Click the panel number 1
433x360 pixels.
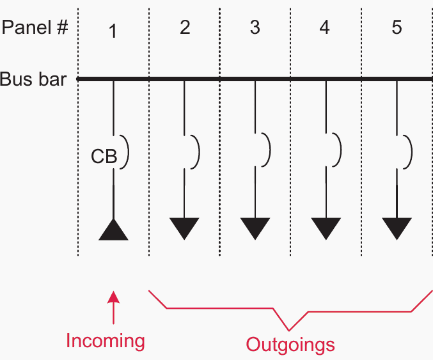[x=113, y=31]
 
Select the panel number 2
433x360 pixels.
[x=185, y=27]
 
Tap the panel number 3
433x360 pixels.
[x=255, y=27]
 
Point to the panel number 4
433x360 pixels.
[x=324, y=27]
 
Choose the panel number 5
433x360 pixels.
[x=397, y=27]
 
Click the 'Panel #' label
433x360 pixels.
[x=35, y=27]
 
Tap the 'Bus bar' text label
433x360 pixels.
[x=33, y=79]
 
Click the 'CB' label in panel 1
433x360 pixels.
[x=104, y=156]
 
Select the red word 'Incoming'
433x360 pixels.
[x=106, y=341]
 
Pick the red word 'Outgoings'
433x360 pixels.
[x=290, y=345]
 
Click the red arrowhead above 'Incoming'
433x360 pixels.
[x=113, y=297]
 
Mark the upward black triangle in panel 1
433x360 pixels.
[x=113, y=230]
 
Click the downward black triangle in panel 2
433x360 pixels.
[x=184, y=228]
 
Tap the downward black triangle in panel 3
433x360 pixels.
[x=255, y=228]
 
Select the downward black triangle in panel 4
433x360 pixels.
[x=326, y=228]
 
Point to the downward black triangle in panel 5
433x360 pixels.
[x=397, y=228]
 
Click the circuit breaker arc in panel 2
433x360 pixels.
[x=199, y=152]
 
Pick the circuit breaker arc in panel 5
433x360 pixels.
[x=411, y=152]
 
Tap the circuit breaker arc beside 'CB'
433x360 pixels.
[x=128, y=152]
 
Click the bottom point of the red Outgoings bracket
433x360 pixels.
[x=289, y=330]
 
